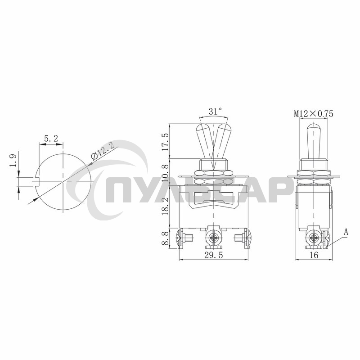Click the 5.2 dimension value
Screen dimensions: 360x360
(x=50, y=139)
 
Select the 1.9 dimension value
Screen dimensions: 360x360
(x=13, y=162)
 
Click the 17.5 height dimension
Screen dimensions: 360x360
(x=166, y=141)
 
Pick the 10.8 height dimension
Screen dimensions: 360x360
(x=166, y=173)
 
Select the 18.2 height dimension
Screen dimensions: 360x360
(x=166, y=206)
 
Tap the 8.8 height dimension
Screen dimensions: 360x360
(x=166, y=237)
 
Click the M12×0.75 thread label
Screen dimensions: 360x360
(x=314, y=114)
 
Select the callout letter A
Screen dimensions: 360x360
(x=346, y=232)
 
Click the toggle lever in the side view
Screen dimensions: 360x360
(x=314, y=139)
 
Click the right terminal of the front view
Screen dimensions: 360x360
(x=245, y=238)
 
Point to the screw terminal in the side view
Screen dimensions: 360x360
(x=314, y=238)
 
